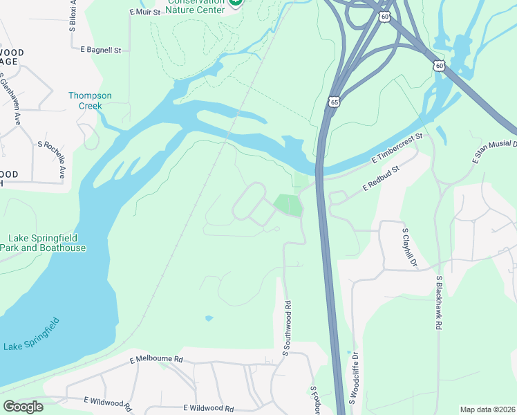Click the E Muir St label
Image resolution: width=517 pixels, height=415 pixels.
[x=144, y=12]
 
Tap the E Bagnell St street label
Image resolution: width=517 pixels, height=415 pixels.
[x=100, y=50]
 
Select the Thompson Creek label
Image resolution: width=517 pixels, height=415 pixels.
[x=90, y=101]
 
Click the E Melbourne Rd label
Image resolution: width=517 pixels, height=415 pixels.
[x=156, y=360]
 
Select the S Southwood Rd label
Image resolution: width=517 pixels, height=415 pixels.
[x=285, y=329]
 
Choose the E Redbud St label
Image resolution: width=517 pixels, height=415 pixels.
[x=382, y=178]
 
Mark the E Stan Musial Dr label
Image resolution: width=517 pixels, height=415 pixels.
[x=494, y=151]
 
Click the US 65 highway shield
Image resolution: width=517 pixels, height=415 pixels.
[x=335, y=101]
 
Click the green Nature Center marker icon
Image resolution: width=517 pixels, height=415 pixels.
[x=236, y=3]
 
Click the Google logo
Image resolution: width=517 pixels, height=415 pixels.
[x=23, y=407]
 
